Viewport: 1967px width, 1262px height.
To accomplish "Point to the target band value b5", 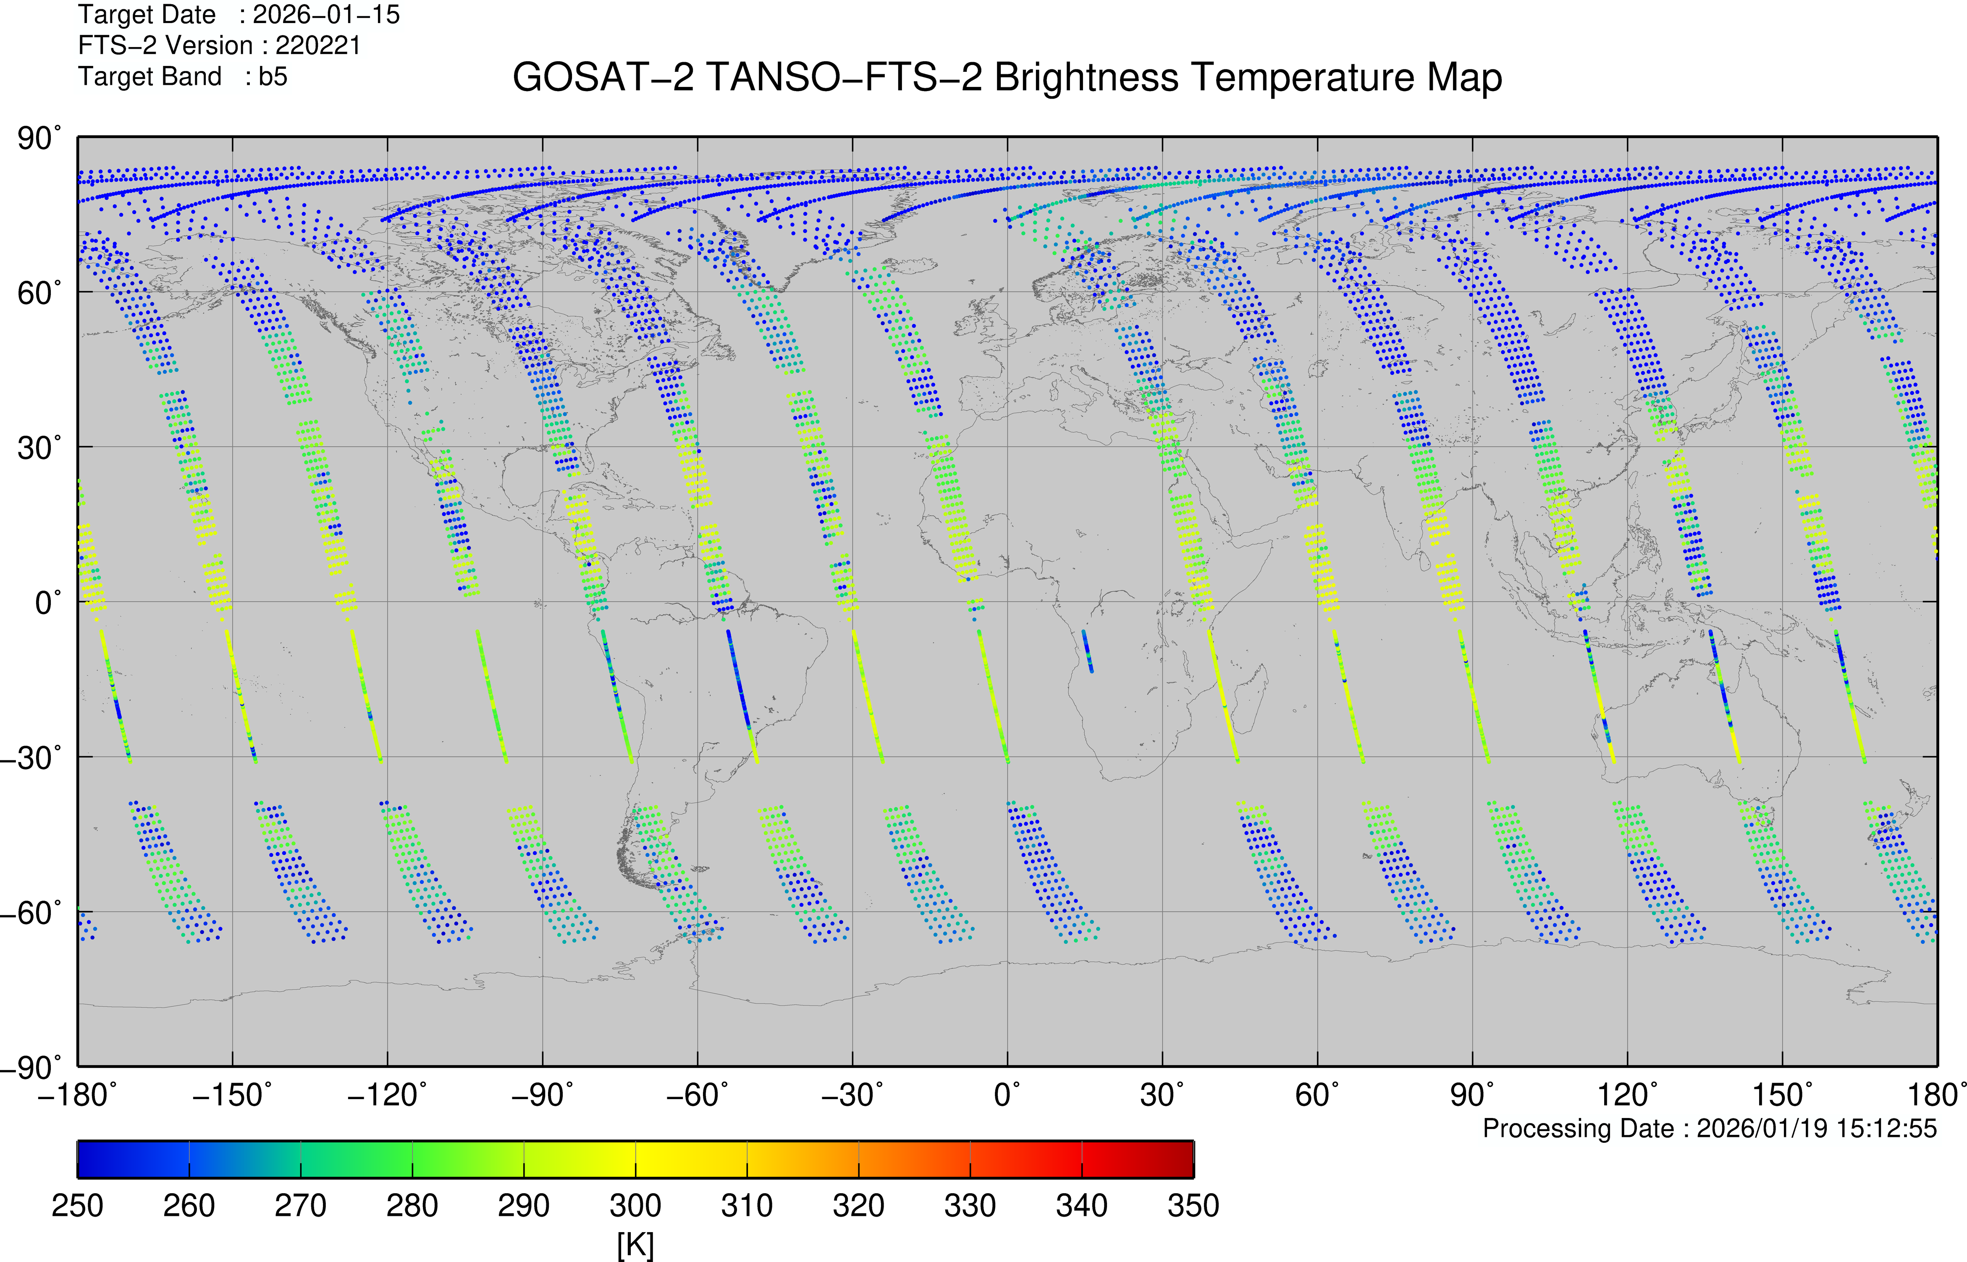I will [273, 77].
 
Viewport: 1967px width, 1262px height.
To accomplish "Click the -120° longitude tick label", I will [387, 1095].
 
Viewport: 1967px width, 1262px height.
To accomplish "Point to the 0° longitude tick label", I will [1007, 1095].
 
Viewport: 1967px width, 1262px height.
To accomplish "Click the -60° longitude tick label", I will [697, 1095].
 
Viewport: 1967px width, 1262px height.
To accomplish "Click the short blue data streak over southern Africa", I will [1087, 652].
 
